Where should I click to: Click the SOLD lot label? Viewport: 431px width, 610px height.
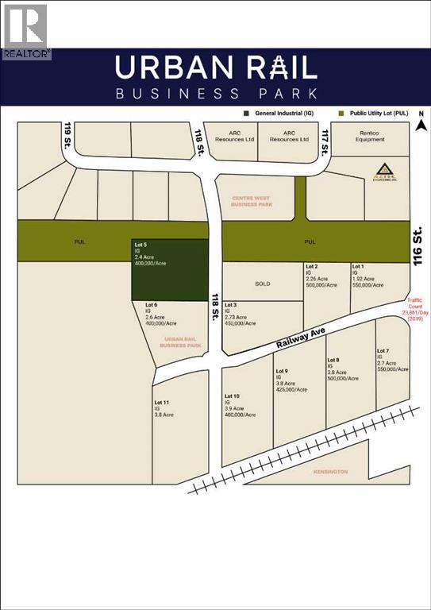pos(263,284)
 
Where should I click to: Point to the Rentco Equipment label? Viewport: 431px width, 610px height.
pos(370,136)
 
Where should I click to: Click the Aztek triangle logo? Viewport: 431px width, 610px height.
pos(384,171)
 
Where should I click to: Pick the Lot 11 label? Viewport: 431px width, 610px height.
pos(162,403)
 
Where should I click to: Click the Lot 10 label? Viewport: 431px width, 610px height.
pos(232,396)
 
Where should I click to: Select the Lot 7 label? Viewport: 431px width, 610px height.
pos(383,350)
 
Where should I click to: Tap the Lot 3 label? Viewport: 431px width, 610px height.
pos(231,305)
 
